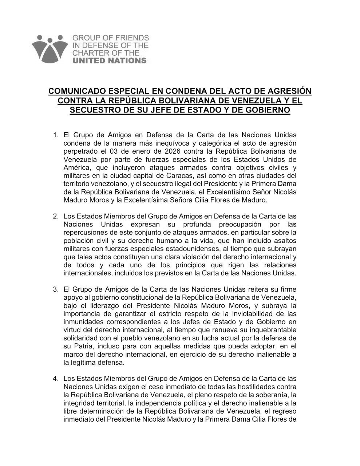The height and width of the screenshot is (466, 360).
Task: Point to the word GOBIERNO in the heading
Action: click(268, 110)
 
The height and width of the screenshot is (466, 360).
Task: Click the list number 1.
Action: click(55, 136)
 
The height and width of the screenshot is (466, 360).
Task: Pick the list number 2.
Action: click(55, 216)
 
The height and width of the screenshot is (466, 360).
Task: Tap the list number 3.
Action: click(55, 290)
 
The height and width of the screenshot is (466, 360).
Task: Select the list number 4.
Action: click(55, 379)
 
